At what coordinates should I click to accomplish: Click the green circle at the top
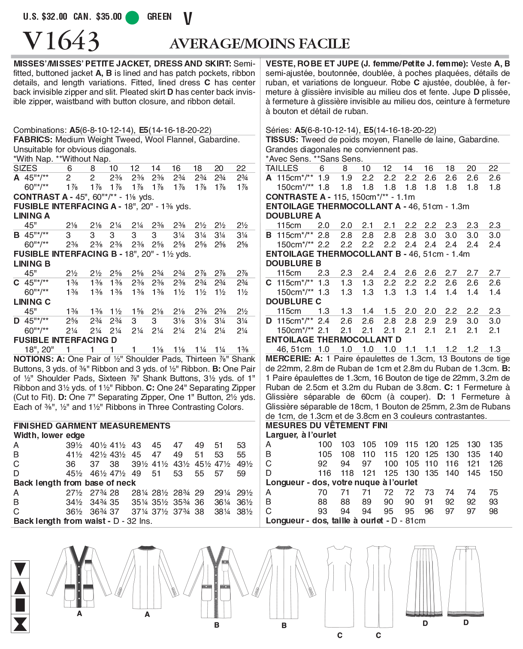[x=132, y=17]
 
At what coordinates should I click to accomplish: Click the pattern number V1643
[x=61, y=41]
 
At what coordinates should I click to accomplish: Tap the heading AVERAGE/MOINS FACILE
[x=260, y=43]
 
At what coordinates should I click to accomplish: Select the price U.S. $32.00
[x=45, y=17]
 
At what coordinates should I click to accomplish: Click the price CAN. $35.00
[x=97, y=17]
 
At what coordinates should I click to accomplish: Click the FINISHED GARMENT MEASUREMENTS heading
[x=92, y=426]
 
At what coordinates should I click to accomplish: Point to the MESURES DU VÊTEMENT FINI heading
[x=326, y=425]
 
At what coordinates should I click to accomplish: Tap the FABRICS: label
[x=33, y=140]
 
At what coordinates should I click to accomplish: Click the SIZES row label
[x=25, y=168]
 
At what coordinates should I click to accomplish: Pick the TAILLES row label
[x=281, y=168]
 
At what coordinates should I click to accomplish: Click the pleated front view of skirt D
[x=424, y=581]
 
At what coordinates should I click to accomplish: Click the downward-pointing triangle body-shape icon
[x=20, y=569]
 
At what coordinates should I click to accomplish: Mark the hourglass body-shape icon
[x=20, y=624]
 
